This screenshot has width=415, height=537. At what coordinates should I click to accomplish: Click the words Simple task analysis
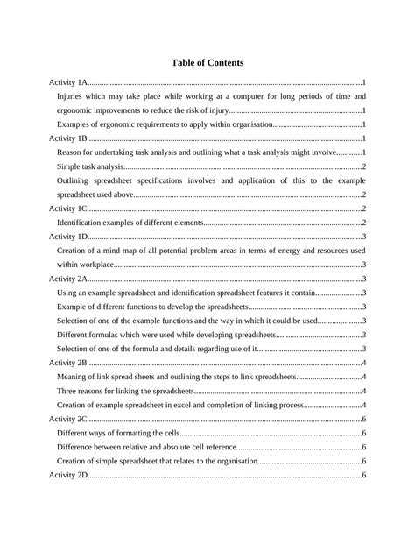tap(90, 166)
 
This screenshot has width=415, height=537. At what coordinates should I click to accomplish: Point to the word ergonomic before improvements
tap(76, 110)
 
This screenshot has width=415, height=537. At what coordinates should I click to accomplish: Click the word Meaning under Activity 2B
tap(73, 377)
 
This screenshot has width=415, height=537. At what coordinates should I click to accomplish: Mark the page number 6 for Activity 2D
tap(362, 475)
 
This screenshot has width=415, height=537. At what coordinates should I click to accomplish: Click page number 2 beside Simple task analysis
tap(362, 166)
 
